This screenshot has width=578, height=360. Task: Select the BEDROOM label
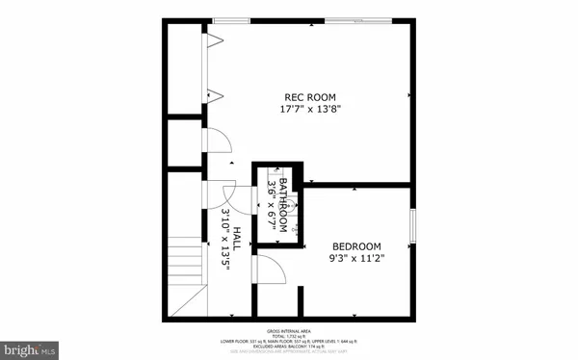[x=356, y=246]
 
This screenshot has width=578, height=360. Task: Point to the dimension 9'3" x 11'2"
[x=356, y=258]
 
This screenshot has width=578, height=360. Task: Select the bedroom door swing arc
[x=271, y=270]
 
